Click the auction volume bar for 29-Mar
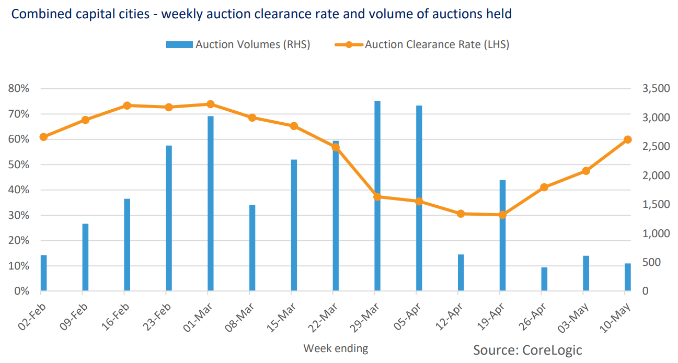(x=377, y=245)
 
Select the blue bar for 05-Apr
(x=419, y=245)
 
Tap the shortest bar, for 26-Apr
(x=544, y=279)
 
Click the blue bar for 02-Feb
(x=44, y=273)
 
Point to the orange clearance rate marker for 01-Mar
(x=211, y=104)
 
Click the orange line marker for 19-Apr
(x=502, y=215)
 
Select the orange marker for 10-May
(x=628, y=139)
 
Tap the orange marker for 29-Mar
(x=377, y=197)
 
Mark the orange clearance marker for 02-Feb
(x=44, y=137)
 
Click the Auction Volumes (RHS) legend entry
(x=238, y=45)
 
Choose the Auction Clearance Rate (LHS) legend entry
(x=422, y=45)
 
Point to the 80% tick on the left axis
(x=19, y=89)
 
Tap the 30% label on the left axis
(x=19, y=215)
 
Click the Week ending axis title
(x=336, y=348)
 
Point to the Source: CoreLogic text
(x=527, y=349)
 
